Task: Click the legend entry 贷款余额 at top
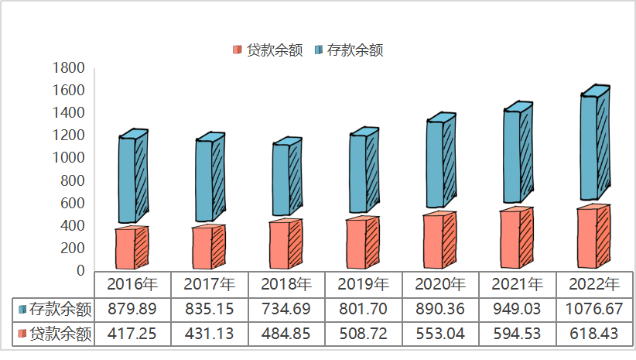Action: pyautogui.click(x=268, y=50)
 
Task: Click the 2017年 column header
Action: pyautogui.click(x=210, y=283)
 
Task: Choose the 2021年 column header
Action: pyautogui.click(x=517, y=283)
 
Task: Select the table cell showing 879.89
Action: pyautogui.click(x=132, y=310)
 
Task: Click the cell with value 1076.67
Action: pyautogui.click(x=593, y=310)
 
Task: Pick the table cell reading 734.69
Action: pyautogui.click(x=286, y=310)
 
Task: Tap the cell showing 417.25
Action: pyautogui.click(x=132, y=334)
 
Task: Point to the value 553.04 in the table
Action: pyautogui.click(x=440, y=334)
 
